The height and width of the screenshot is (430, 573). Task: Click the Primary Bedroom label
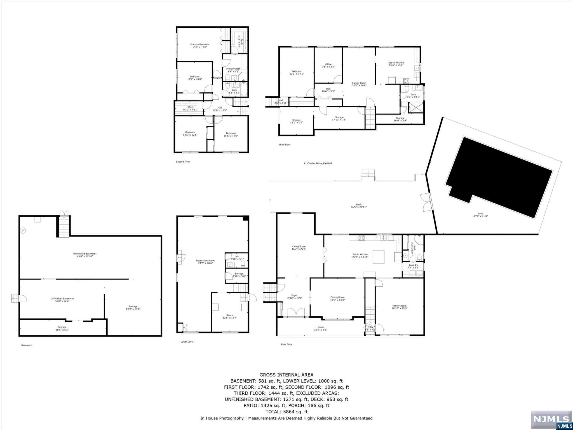[199, 46]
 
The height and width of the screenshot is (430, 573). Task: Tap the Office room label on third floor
[328, 66]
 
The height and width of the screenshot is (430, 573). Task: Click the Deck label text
[359, 206]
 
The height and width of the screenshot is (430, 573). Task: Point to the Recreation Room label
[205, 262]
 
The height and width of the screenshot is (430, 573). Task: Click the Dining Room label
[337, 298]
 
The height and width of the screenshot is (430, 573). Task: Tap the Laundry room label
[413, 266]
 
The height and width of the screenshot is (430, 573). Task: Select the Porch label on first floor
[321, 328]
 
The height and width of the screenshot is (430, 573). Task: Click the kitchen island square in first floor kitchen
[378, 257]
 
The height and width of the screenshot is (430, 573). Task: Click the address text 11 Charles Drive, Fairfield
[318, 163]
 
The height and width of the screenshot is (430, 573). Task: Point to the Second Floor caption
[183, 162]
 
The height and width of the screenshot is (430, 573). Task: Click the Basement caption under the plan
[27, 345]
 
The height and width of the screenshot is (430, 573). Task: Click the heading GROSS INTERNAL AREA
[286, 375]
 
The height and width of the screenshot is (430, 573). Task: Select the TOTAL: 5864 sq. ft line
[286, 412]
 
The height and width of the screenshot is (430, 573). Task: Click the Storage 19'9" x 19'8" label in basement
[133, 308]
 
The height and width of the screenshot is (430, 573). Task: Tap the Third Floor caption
[285, 144]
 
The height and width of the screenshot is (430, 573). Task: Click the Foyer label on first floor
[294, 297]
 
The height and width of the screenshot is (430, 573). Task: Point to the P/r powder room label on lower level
[237, 258]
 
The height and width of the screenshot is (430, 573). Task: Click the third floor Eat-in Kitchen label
[396, 64]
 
